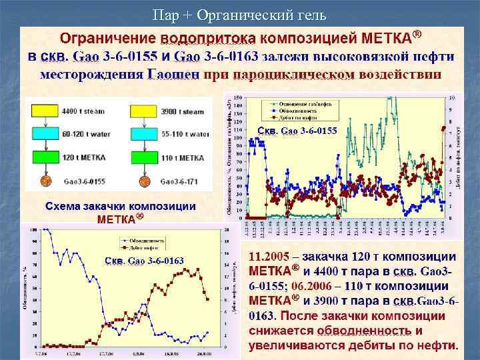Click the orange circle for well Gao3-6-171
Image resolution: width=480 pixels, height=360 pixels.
click(143, 179)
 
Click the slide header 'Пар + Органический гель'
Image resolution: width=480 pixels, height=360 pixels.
click(239, 15)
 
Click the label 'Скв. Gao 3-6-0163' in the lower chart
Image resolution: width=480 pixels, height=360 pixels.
click(143, 259)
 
